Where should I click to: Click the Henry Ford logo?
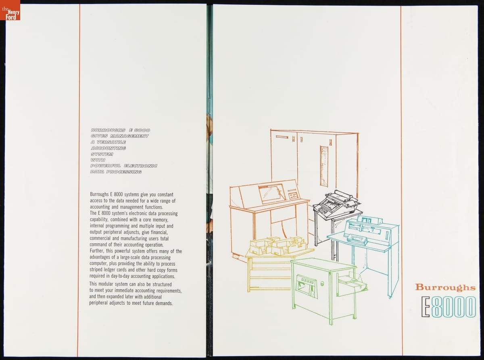(x=10, y=10)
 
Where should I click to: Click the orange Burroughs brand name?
(x=445, y=287)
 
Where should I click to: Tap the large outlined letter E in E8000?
(x=426, y=307)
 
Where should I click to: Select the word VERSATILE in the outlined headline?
(x=111, y=142)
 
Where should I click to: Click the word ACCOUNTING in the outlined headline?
(x=108, y=148)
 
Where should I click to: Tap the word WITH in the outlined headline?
(x=98, y=160)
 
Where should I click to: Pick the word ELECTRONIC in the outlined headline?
(x=140, y=166)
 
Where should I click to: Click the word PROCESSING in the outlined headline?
(x=124, y=172)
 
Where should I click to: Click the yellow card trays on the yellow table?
(x=278, y=246)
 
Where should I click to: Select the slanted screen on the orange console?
(x=272, y=193)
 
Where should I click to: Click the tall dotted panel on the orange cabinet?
(x=324, y=166)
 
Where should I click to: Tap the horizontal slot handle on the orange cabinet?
(x=282, y=137)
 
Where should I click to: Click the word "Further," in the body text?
(x=97, y=251)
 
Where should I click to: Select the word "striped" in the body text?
(x=96, y=270)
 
